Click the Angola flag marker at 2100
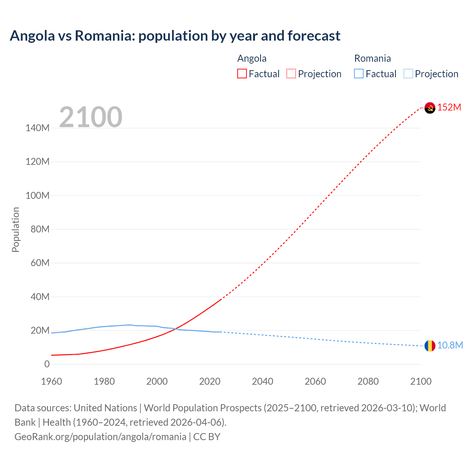[430, 108]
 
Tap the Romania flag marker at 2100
[430, 346]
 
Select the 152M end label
[449, 108]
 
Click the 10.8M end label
[450, 346]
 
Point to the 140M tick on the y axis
[37, 128]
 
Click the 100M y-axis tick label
[37, 196]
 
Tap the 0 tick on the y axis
[47, 364]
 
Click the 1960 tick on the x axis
[51, 382]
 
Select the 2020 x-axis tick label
[210, 382]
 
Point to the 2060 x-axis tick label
[315, 382]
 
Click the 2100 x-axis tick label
[421, 382]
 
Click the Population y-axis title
[16, 230]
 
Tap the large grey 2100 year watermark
[91, 117]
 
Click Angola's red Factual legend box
[242, 74]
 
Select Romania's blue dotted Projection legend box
[408, 74]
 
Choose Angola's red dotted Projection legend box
[291, 74]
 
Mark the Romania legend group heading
[372, 58]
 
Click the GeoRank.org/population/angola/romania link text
[100, 437]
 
